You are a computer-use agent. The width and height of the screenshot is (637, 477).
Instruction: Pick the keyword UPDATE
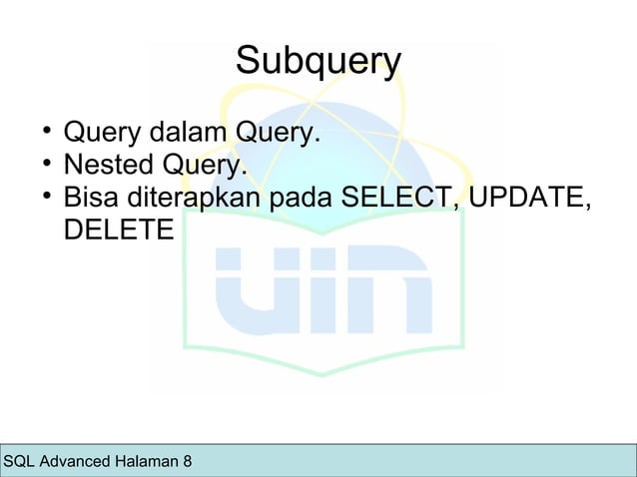tap(528, 197)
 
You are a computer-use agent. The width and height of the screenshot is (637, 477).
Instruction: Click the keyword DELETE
tap(118, 230)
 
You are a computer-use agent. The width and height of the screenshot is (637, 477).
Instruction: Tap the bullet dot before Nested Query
tap(46, 162)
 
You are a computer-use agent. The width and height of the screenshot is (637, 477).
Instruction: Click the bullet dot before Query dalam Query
tap(46, 130)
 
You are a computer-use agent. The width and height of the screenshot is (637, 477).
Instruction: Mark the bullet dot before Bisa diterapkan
tap(46, 195)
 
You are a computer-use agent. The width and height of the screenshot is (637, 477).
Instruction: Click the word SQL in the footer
tap(20, 462)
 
